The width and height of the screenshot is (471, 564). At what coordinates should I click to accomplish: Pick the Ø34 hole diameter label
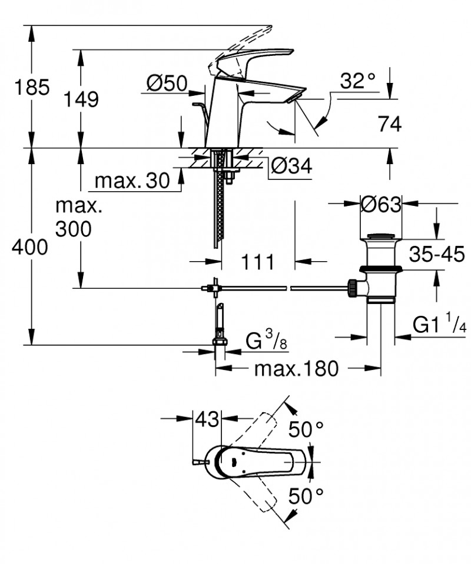click(290, 168)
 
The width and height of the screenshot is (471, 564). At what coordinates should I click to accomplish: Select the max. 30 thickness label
click(132, 181)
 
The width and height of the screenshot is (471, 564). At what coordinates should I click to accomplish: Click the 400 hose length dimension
click(29, 248)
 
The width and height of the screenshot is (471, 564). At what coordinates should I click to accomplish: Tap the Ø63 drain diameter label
click(380, 205)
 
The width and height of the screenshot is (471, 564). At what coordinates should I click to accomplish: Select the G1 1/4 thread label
click(439, 325)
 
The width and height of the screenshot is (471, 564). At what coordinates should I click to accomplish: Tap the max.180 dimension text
click(296, 369)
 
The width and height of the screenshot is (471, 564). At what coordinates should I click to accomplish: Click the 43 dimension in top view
click(206, 420)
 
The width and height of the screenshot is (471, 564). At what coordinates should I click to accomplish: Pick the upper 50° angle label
click(306, 429)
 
